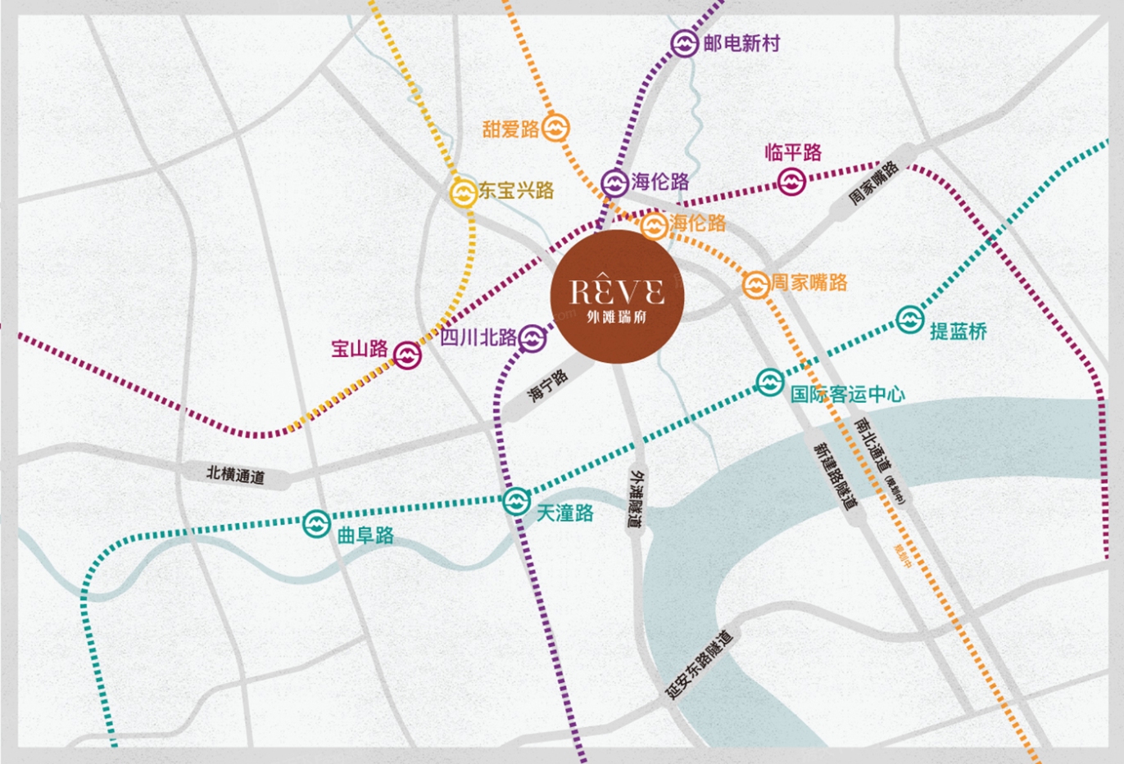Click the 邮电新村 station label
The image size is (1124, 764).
741,43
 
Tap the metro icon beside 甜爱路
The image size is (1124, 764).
555,128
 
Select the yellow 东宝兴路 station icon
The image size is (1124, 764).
463,192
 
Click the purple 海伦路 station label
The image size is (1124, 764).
660,182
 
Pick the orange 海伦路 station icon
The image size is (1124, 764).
654,224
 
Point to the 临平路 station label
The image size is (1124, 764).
792,152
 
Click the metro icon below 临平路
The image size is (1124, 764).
791,182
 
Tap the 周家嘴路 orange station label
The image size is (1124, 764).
809,283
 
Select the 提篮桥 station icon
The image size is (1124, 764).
909,319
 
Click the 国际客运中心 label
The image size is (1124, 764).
847,394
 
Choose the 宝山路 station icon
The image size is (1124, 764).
407,355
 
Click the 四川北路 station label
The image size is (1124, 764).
479,337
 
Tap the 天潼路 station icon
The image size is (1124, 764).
516,500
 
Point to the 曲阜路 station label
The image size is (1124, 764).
365,536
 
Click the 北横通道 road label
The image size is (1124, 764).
236,474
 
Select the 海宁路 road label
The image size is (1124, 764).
547,385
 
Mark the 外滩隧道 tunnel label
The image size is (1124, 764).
637,499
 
